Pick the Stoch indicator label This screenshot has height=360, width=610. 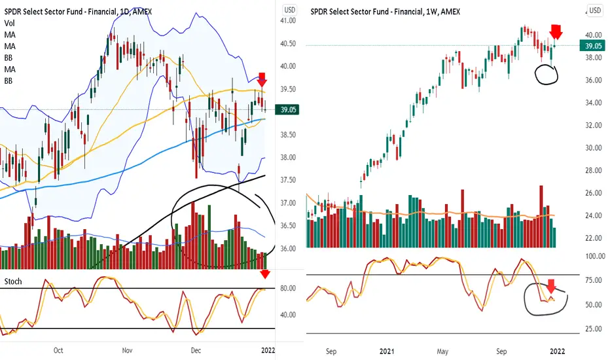point(13,281)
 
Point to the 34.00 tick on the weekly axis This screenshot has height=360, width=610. point(593,103)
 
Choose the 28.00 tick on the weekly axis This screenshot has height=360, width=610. point(593,170)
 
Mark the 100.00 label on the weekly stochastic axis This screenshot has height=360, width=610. point(593,257)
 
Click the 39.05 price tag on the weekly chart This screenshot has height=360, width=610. point(593,45)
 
